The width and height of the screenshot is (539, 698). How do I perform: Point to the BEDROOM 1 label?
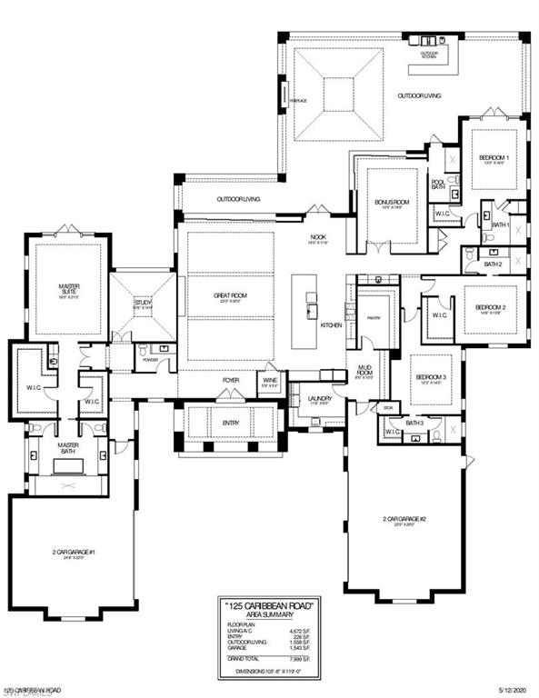(494, 158)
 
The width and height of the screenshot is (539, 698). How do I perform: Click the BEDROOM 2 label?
(491, 307)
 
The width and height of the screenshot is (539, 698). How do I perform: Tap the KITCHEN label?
(330, 324)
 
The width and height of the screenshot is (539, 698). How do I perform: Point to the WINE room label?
(270, 383)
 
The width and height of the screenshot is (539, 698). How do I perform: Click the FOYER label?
(231, 380)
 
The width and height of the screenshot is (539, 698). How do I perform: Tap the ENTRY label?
(231, 423)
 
